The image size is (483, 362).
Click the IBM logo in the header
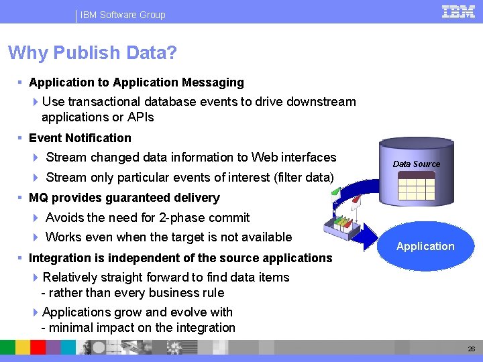click(459, 12)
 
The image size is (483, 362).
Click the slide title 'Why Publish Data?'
click(92, 53)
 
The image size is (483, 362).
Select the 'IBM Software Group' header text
click(123, 15)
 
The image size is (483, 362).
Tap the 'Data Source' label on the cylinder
click(416, 164)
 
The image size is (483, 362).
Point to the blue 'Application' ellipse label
click(425, 246)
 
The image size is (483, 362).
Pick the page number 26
click(470, 349)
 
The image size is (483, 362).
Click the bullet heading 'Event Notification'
click(80, 138)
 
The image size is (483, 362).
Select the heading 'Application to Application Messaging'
click(136, 82)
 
